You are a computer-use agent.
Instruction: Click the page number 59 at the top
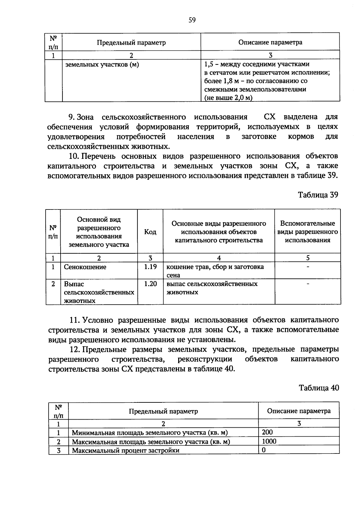click(192, 20)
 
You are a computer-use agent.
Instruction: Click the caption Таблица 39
click(318, 195)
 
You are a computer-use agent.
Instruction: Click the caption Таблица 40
click(319, 388)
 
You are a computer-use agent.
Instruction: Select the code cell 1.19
click(150, 267)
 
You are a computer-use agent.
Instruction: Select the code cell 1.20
click(150, 284)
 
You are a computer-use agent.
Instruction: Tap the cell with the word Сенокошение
click(85, 267)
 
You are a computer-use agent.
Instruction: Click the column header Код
click(150, 232)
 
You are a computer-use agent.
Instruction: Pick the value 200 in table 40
click(267, 432)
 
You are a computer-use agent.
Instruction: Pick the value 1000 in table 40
click(269, 441)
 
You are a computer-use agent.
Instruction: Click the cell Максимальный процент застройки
click(125, 450)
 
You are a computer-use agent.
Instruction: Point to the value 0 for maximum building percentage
click(264, 450)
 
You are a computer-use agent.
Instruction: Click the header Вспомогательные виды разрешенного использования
click(307, 232)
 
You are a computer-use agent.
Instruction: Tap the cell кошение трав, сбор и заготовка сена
click(215, 271)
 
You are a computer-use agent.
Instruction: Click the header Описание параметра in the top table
click(270, 42)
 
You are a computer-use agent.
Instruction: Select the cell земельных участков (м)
click(102, 65)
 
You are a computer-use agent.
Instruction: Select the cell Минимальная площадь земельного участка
click(149, 433)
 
